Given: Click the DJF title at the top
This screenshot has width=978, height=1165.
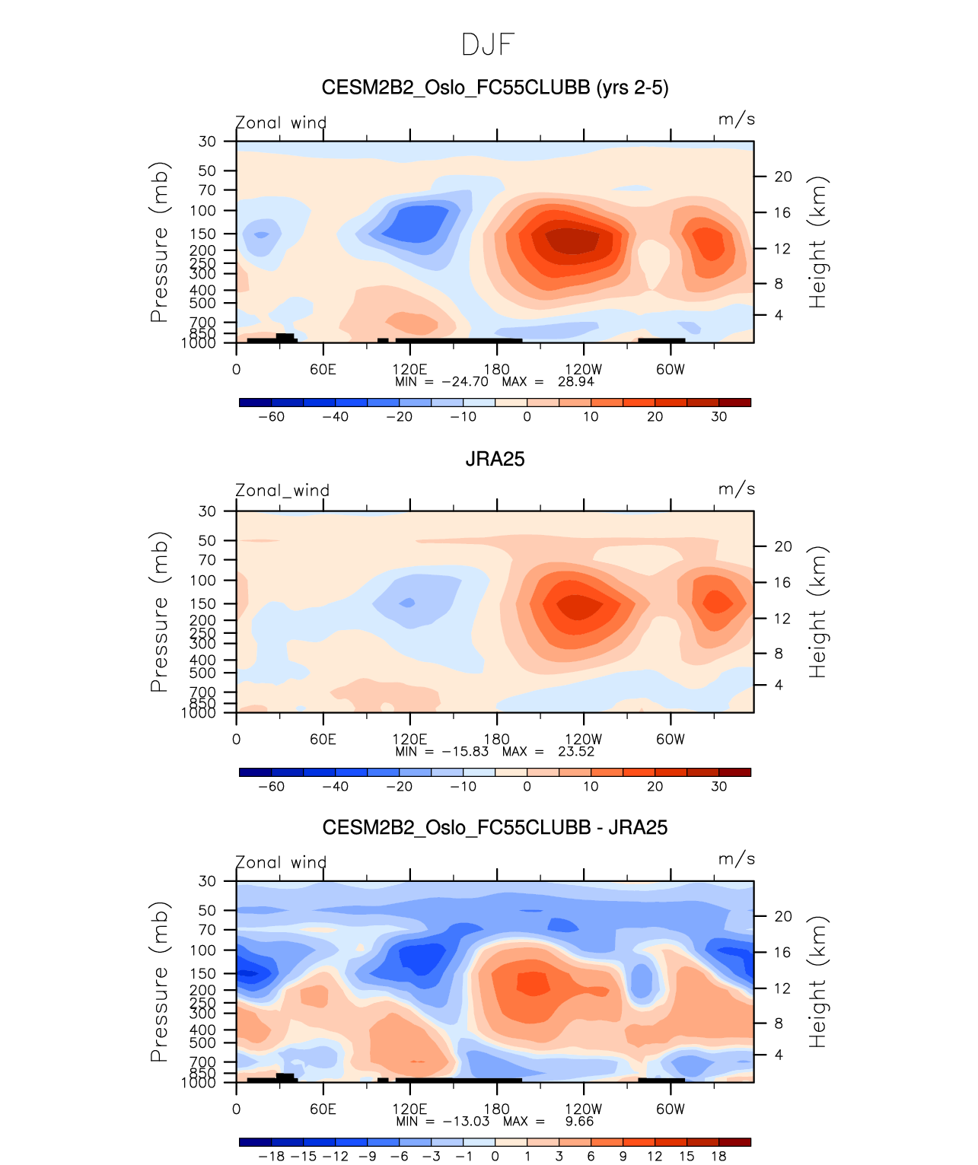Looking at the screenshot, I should (488, 45).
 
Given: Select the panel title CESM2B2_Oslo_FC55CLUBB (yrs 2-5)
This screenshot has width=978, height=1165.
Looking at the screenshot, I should (495, 88).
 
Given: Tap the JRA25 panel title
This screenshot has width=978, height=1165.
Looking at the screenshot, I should (495, 459).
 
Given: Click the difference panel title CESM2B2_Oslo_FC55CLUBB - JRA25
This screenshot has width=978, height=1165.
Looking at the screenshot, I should (495, 828).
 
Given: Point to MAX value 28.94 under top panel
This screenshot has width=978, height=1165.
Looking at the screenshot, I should (575, 382).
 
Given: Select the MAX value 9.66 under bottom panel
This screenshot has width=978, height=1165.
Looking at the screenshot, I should (579, 1122).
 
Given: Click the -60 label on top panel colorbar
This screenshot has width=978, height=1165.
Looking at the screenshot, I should (271, 417).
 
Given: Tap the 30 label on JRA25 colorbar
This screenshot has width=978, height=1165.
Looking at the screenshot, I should (718, 787).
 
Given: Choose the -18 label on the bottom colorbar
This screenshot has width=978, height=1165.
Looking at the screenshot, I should (271, 1157).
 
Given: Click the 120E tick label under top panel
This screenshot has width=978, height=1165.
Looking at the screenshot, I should (409, 370).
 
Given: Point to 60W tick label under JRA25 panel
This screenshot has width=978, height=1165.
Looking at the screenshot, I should (670, 740).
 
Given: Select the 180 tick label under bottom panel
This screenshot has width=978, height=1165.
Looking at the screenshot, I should (496, 1109).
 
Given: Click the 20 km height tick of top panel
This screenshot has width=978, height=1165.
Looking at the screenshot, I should (783, 177).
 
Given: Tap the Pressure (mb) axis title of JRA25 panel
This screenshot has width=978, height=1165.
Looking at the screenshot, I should (159, 612).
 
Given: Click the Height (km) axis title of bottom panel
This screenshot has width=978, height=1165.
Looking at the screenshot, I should (817, 982).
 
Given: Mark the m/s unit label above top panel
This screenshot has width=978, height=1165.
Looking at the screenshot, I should (736, 119).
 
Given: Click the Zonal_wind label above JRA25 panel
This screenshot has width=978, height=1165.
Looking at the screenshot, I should (282, 491).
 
